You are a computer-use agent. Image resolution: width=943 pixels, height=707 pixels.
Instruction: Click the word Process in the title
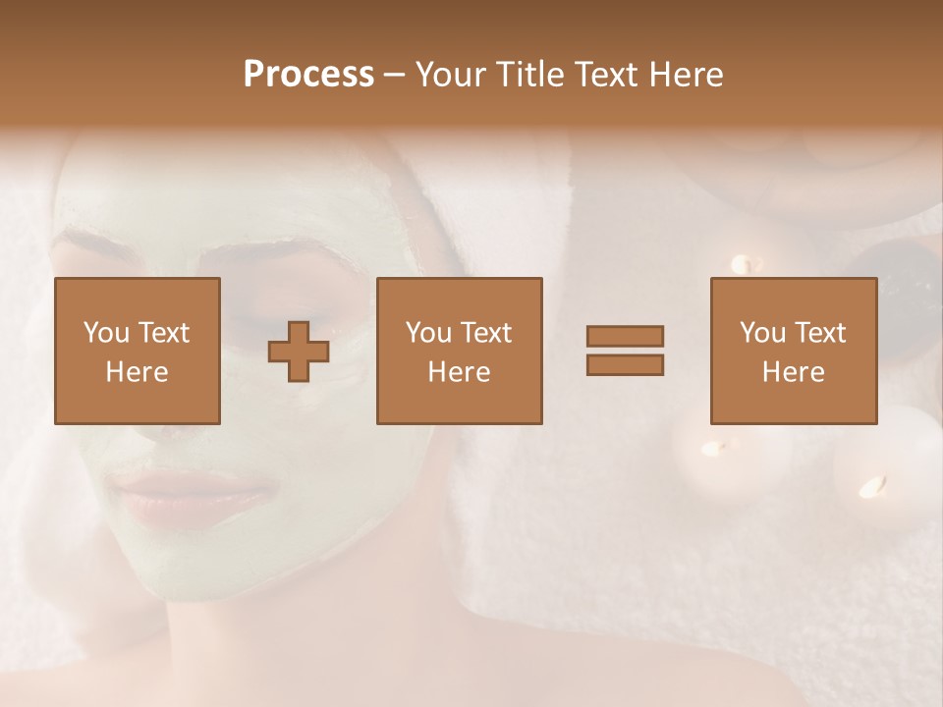[x=308, y=75]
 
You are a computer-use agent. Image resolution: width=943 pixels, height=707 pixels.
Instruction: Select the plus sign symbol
[x=299, y=352]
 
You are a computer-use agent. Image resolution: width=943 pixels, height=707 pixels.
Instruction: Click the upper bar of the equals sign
[x=625, y=337]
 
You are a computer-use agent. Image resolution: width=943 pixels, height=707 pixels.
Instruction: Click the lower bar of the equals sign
[x=625, y=365]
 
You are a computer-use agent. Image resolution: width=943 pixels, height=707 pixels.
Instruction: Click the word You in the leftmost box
[x=105, y=333]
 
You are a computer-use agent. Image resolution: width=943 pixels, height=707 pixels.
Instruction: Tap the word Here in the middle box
[x=459, y=372]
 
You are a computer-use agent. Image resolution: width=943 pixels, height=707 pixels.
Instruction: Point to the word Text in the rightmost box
[x=819, y=333]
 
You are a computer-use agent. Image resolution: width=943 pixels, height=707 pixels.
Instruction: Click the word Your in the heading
[x=452, y=75]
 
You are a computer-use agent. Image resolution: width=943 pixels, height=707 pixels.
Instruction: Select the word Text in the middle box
[x=485, y=333]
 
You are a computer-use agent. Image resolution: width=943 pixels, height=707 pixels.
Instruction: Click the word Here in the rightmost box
[x=794, y=372]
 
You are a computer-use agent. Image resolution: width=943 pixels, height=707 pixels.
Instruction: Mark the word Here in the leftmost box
[x=138, y=372]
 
